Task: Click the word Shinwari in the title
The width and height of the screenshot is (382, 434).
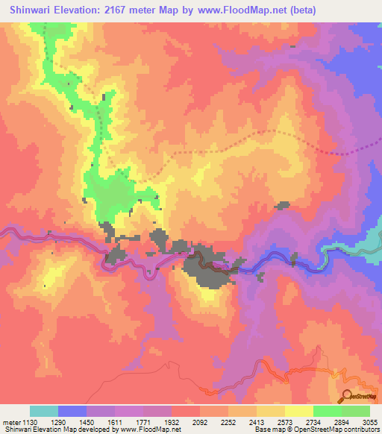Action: (x=30, y=10)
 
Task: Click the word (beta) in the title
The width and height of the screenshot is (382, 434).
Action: (x=298, y=10)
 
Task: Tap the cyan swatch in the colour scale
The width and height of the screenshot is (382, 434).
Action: (x=44, y=411)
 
